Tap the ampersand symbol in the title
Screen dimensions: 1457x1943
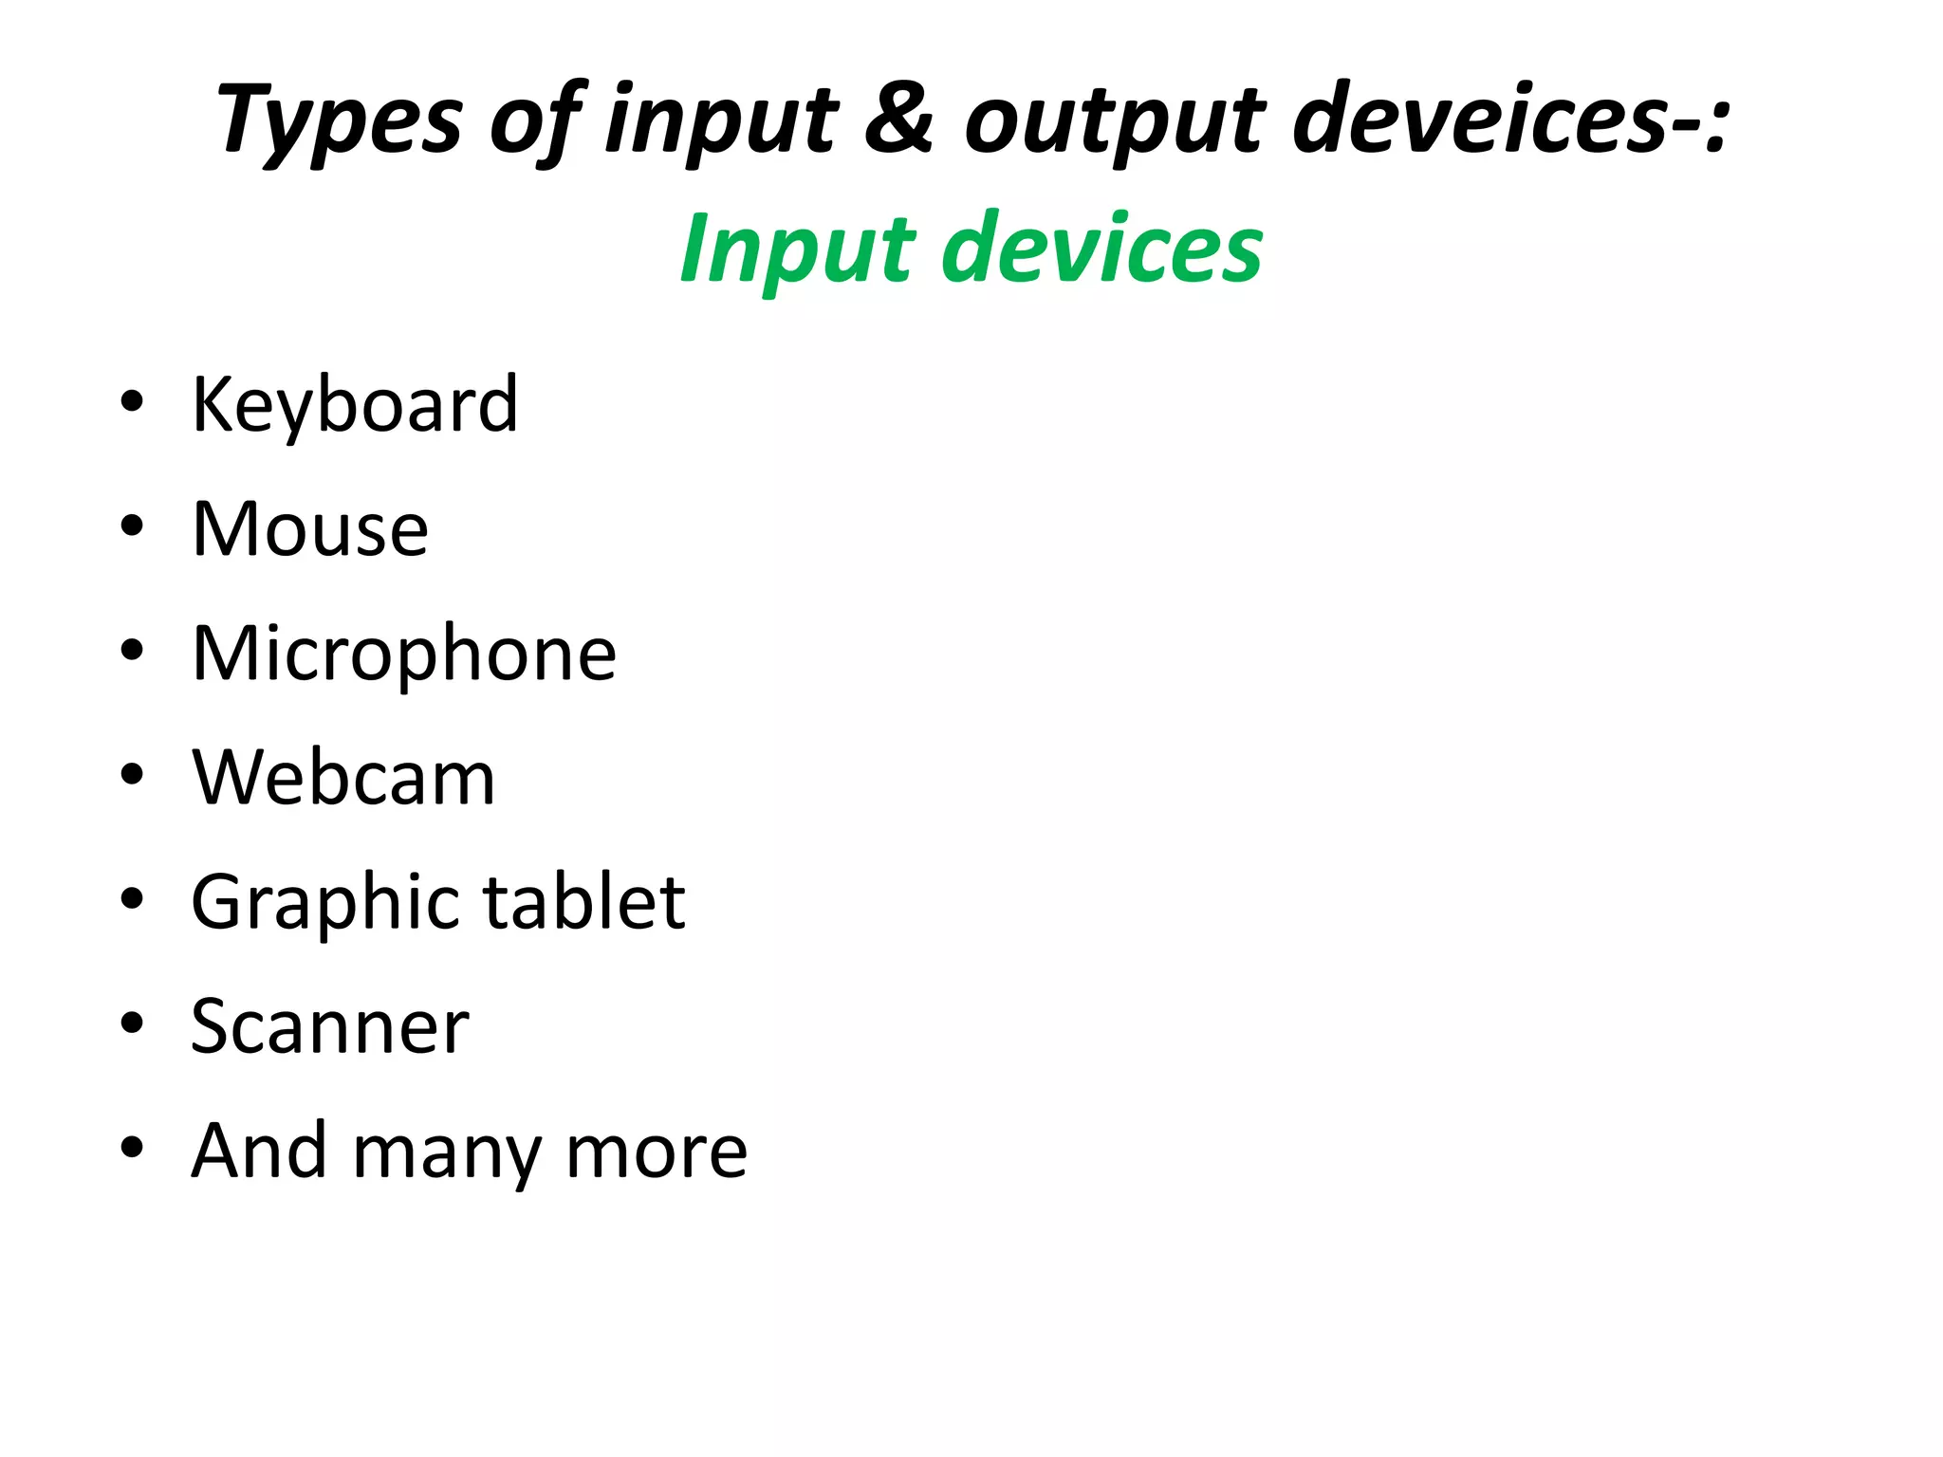[899, 118]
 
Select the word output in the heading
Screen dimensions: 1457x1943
[1116, 121]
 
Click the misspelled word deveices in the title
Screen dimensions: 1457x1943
[1480, 118]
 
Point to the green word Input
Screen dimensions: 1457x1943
[797, 249]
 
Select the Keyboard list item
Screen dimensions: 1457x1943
[355, 404]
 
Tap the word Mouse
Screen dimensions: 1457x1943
[310, 528]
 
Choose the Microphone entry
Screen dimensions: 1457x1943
[404, 654]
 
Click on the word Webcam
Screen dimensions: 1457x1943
[343, 778]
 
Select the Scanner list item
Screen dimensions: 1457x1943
[330, 1026]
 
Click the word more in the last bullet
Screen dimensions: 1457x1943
[657, 1152]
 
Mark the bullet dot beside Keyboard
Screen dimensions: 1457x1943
[132, 401]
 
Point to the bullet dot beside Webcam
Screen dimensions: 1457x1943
[132, 774]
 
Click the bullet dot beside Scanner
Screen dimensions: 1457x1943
[132, 1023]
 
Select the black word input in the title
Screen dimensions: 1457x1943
[721, 121]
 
